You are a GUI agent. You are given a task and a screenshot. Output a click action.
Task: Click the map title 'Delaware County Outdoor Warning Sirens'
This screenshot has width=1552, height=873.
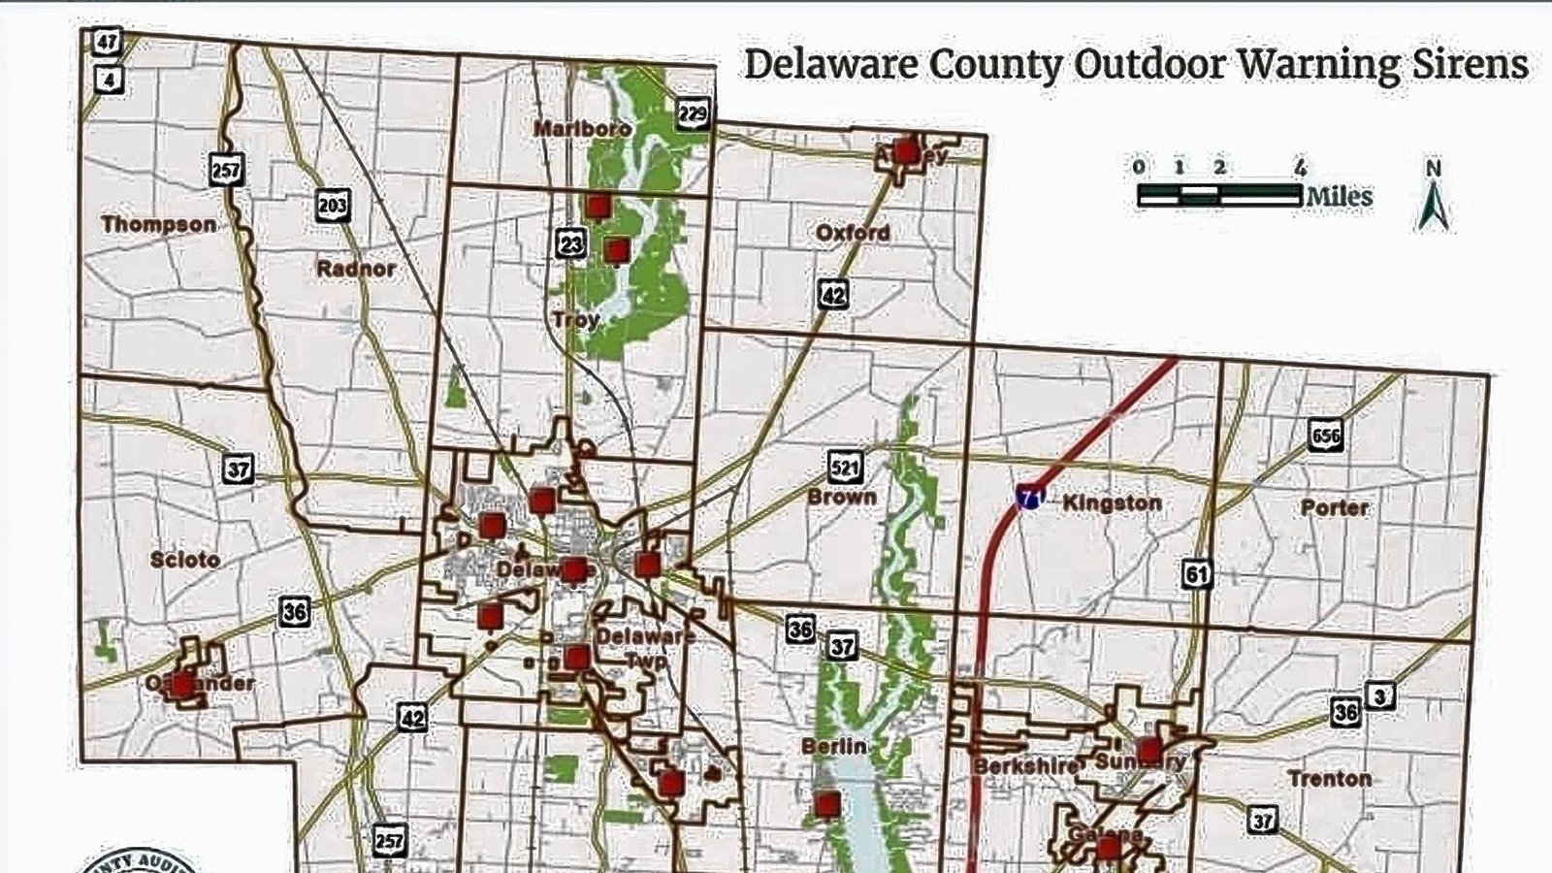[x=1136, y=65]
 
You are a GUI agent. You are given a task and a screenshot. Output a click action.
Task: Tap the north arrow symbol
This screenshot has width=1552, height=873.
[x=1434, y=197]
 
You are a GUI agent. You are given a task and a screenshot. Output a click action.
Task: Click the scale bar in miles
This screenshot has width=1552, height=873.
[x=1219, y=195]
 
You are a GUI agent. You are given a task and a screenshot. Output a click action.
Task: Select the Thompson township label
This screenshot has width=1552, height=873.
[x=159, y=225]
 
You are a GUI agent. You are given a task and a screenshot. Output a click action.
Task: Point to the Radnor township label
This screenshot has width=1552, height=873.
[x=356, y=269]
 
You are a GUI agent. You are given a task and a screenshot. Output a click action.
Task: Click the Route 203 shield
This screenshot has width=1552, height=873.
[x=332, y=206]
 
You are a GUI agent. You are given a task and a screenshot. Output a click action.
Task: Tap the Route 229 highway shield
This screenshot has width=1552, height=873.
[x=693, y=114]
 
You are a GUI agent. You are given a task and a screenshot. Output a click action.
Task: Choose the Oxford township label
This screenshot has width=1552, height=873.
[x=853, y=233]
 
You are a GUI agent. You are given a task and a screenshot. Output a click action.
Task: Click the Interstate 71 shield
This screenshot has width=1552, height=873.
[x=1029, y=499]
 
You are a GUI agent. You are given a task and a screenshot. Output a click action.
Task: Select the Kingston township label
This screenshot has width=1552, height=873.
[x=1112, y=503]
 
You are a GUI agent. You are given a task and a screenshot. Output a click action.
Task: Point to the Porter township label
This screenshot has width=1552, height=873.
[x=1335, y=507]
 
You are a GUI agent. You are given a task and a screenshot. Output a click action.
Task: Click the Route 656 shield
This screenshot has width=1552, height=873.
[x=1324, y=436]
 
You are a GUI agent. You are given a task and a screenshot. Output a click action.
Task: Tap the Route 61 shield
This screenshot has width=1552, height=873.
[x=1197, y=574]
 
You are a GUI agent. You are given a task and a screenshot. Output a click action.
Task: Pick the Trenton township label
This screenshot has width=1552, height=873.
[x=1329, y=779]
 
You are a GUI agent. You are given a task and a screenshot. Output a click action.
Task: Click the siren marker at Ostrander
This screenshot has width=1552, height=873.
[x=182, y=684]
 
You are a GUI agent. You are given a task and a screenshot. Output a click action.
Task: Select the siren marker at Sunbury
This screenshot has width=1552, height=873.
[x=1149, y=751]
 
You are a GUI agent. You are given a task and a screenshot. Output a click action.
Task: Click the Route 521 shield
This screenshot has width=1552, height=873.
[x=846, y=468]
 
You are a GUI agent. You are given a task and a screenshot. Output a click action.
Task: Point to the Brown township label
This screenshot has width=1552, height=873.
[x=842, y=498]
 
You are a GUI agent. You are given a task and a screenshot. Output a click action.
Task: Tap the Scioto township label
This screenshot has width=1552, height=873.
[x=185, y=560]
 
